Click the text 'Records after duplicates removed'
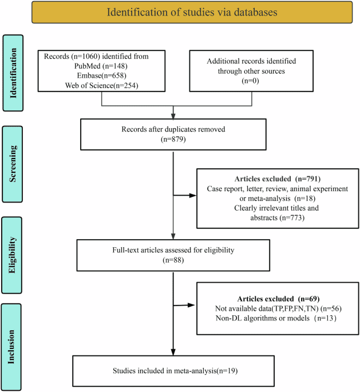coord(173,128)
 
